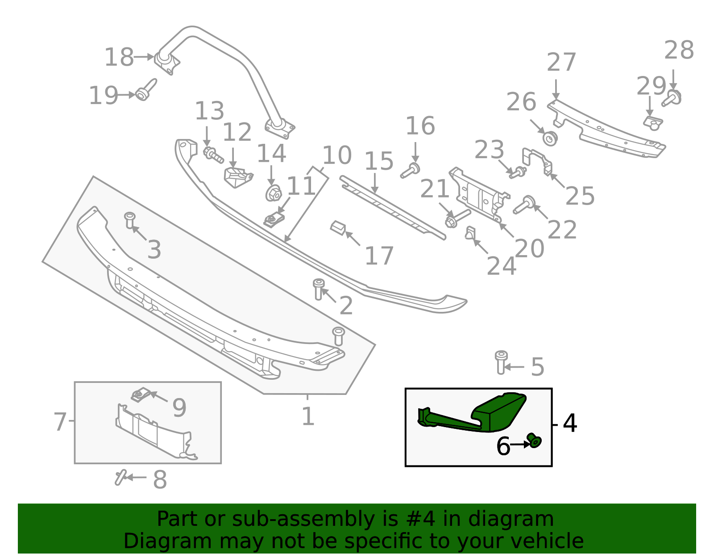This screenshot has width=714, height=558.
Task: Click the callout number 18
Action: [119, 58]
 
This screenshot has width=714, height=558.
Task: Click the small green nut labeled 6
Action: [534, 441]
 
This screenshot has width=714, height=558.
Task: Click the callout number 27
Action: [561, 63]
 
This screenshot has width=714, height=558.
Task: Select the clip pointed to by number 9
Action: [140, 395]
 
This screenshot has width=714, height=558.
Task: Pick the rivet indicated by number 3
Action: [129, 220]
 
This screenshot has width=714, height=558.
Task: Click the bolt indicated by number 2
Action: [318, 289]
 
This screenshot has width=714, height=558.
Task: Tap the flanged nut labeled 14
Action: [273, 193]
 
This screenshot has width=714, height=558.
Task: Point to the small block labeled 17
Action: [338, 228]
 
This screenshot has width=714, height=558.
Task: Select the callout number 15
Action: [379, 161]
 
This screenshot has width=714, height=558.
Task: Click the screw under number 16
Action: [410, 171]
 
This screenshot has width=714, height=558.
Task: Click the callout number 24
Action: [501, 266]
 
